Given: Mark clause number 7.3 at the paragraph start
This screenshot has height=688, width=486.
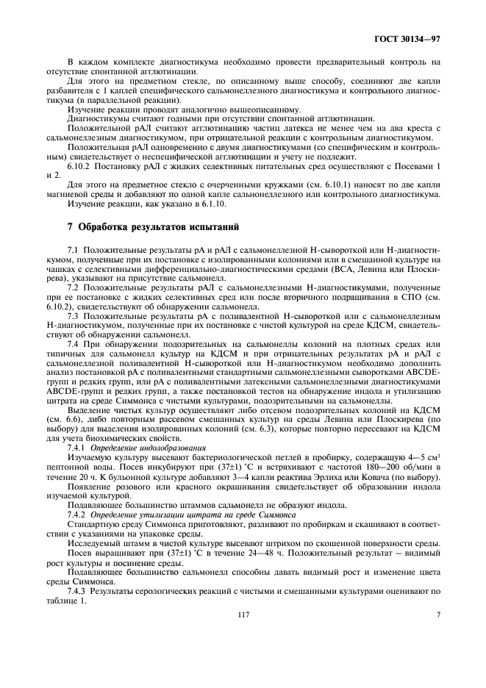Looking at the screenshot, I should click(73, 314).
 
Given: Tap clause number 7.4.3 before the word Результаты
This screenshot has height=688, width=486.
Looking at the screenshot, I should click(77, 592).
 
